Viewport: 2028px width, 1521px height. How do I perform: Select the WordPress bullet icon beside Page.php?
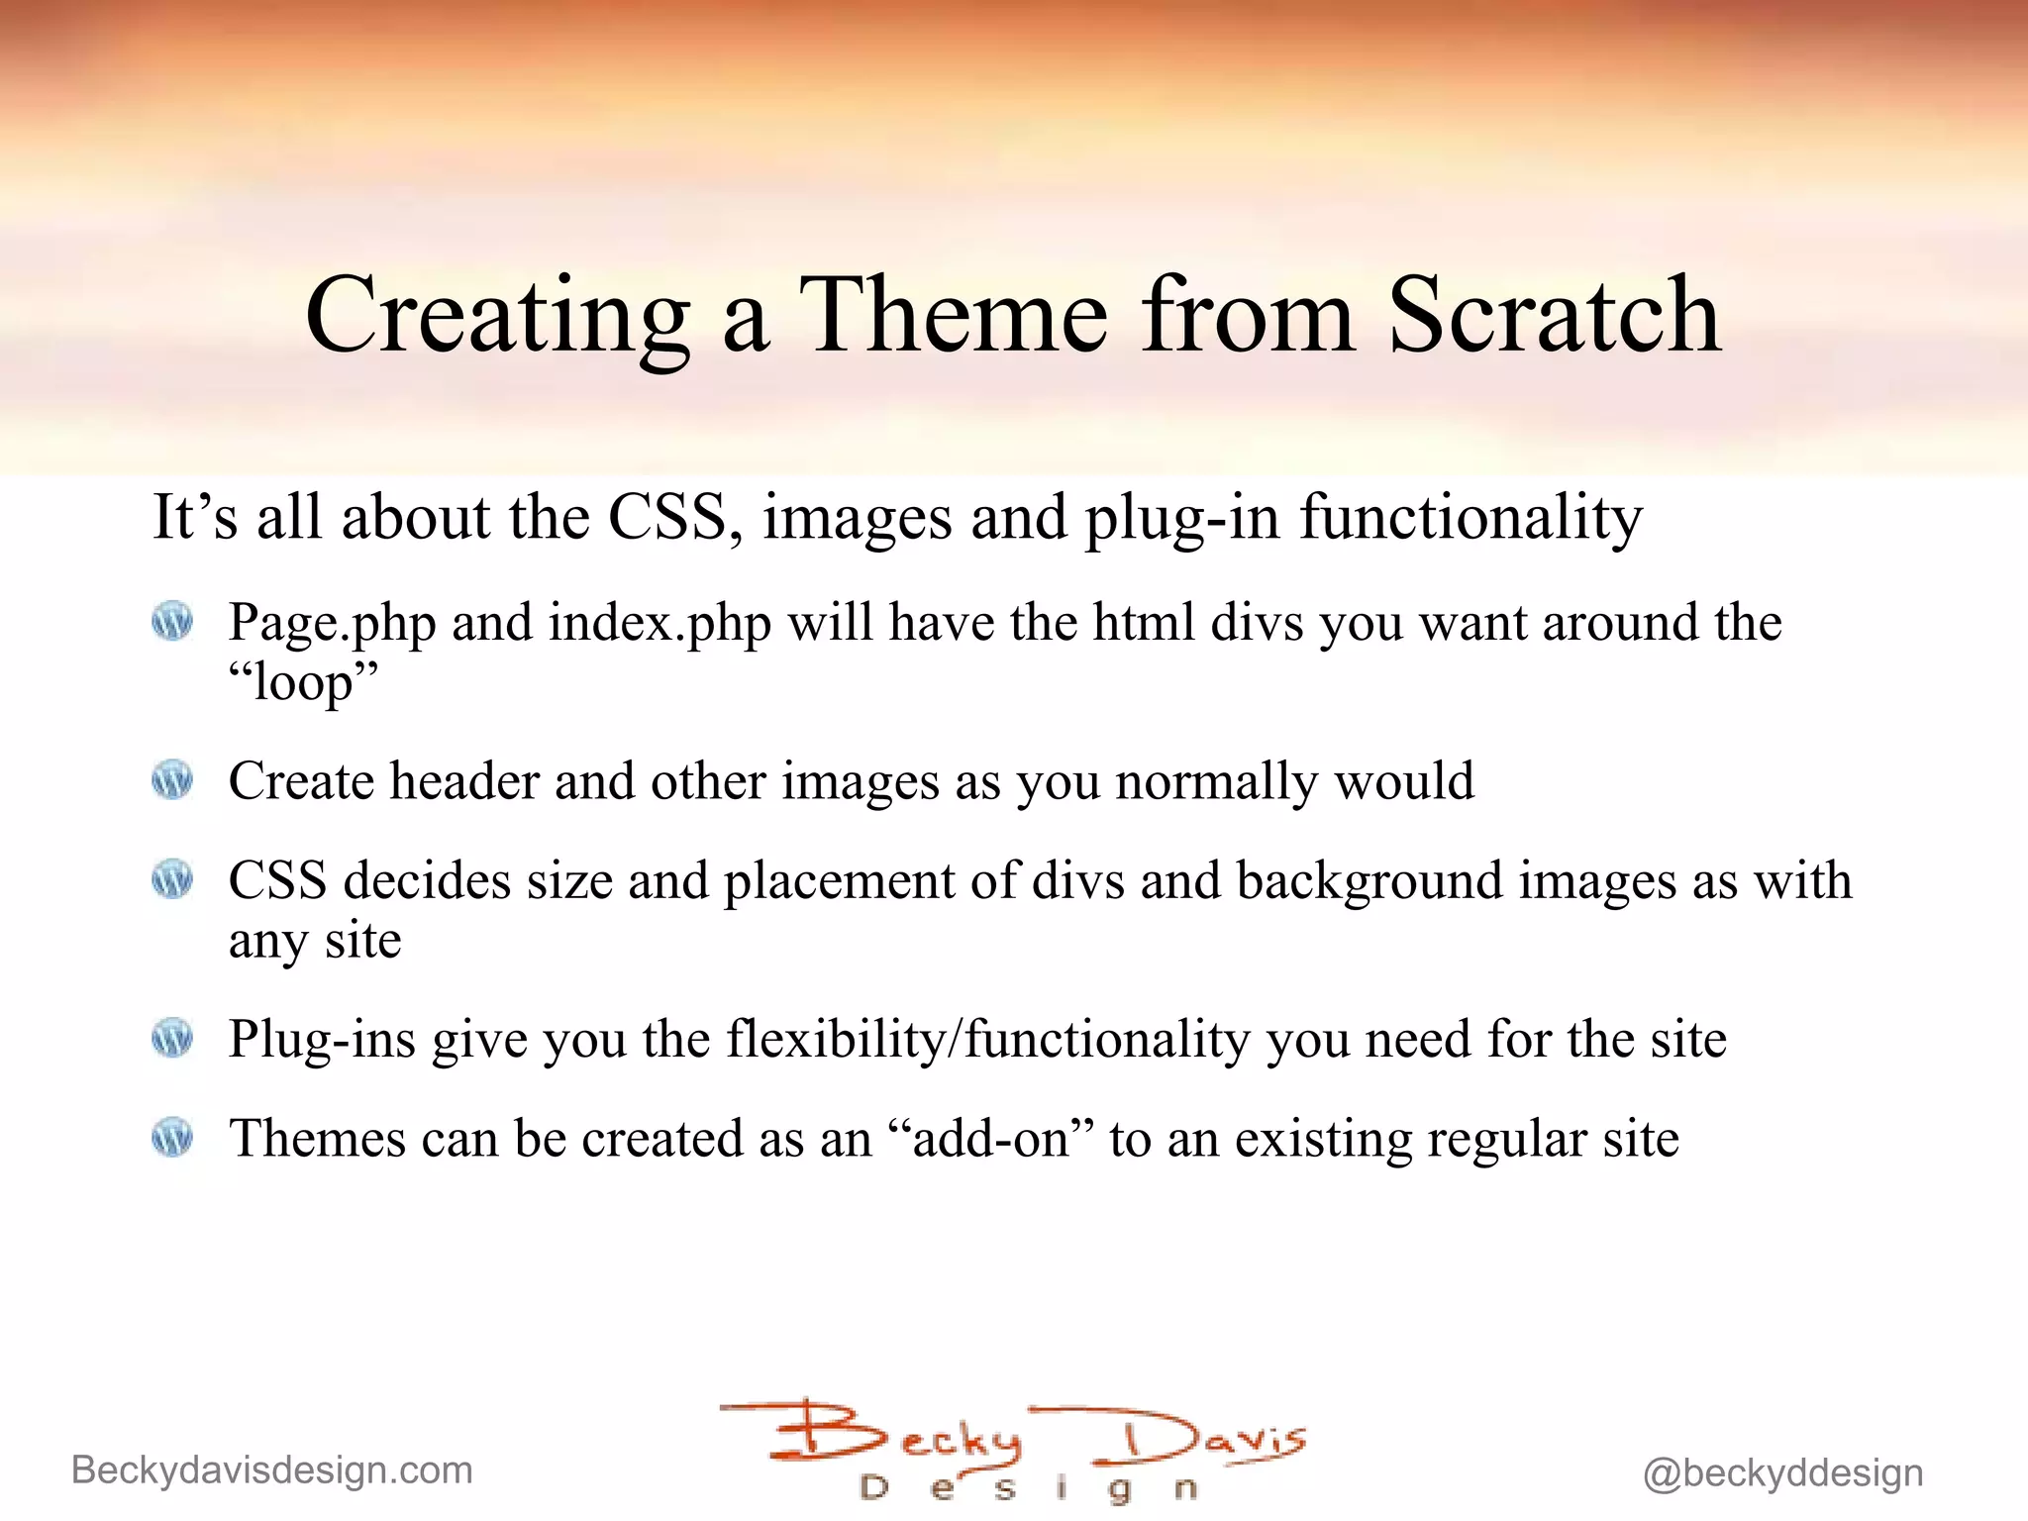(172, 622)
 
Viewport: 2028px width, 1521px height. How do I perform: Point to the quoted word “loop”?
(303, 682)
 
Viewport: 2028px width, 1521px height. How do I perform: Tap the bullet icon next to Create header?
(172, 780)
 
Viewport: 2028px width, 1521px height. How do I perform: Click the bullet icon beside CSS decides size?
(172, 879)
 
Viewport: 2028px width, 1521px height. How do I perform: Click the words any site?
(315, 941)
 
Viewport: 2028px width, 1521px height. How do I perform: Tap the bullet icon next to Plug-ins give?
(172, 1039)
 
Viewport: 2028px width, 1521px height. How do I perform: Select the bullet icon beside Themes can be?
(172, 1138)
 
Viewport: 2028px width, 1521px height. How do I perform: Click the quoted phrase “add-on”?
(990, 1139)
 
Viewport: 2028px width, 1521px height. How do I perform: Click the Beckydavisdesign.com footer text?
(272, 1470)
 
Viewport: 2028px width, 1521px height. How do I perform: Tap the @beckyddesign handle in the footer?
(1782, 1473)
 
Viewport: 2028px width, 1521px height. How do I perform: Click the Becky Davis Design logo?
(1015, 1451)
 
